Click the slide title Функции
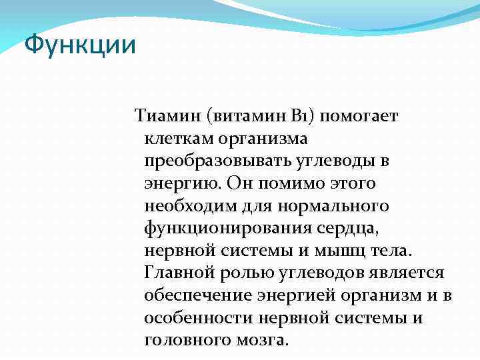click(x=80, y=46)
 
